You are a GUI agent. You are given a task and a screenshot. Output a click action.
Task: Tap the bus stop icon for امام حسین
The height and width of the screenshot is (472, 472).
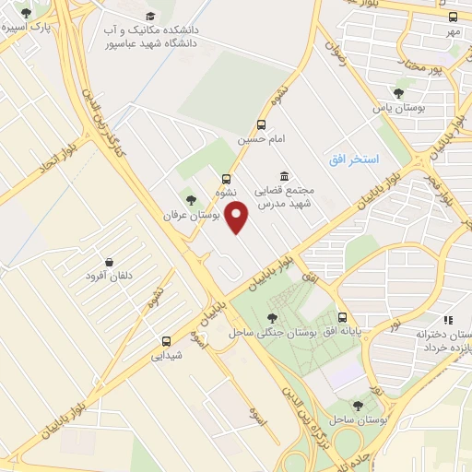tap(263, 124)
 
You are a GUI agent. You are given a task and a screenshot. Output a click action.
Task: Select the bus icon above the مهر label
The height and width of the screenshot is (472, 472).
tap(453, 17)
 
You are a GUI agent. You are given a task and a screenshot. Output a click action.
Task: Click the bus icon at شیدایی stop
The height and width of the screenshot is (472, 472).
tap(167, 339)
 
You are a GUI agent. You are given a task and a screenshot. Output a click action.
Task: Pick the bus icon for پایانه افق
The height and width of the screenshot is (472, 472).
tap(342, 316)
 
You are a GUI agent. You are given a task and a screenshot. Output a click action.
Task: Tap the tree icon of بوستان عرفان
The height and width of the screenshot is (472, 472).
tap(191, 199)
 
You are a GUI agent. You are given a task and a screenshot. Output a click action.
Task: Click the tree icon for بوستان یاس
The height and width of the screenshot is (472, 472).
tap(398, 93)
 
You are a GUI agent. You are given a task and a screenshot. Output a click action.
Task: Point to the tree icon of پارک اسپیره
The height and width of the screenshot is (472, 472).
tap(25, 13)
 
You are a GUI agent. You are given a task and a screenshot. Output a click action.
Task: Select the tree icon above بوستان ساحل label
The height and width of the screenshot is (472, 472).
tap(358, 405)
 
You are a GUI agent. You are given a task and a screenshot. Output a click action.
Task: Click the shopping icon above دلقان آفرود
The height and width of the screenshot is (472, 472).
tap(110, 263)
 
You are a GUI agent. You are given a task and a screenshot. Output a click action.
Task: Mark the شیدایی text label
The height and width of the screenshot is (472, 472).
tap(167, 354)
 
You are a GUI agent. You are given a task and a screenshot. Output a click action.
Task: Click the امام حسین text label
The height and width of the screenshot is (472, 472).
tap(258, 140)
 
